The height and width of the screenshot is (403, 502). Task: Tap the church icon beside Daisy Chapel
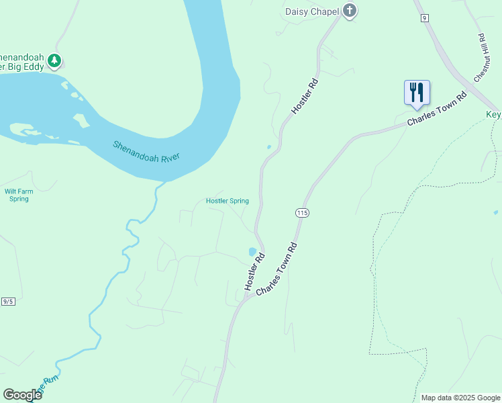click(349, 10)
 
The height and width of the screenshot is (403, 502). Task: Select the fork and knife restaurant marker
click(417, 93)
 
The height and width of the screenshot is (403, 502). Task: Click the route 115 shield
click(301, 212)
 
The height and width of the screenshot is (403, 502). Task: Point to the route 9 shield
click(425, 17)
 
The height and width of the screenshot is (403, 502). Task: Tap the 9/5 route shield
click(8, 302)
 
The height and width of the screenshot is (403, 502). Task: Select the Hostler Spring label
click(227, 201)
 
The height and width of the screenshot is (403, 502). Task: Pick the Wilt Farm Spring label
click(19, 195)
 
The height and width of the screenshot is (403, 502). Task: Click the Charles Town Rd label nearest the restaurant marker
click(437, 109)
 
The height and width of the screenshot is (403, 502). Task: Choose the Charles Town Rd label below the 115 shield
click(276, 267)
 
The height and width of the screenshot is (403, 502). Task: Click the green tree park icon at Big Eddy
click(54, 61)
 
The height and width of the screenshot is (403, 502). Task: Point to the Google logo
click(22, 395)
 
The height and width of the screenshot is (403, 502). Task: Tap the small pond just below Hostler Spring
click(252, 252)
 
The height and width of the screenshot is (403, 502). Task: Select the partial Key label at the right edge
click(493, 115)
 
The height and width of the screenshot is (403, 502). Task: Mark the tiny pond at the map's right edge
click(495, 212)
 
